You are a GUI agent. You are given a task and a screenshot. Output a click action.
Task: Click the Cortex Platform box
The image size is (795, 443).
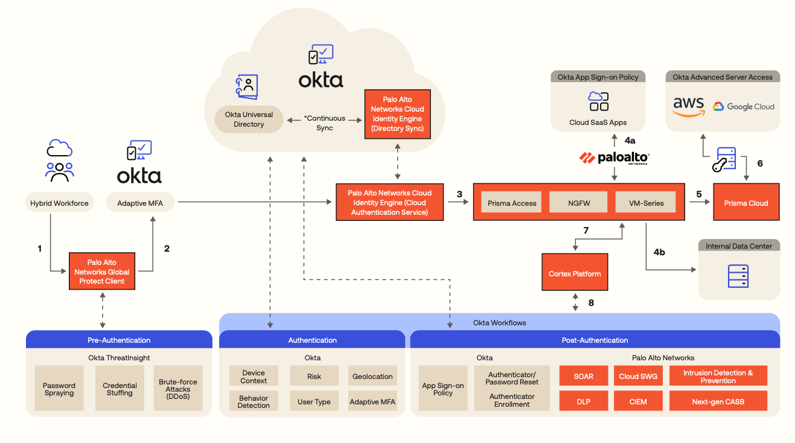pos(575,273)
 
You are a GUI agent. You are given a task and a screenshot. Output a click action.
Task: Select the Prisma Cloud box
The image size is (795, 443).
pos(746,203)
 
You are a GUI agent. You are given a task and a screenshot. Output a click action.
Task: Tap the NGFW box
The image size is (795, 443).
pos(578,203)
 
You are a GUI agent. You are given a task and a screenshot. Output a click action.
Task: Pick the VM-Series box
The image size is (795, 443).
pos(645,203)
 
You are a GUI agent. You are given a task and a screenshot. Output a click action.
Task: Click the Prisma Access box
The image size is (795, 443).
pos(512,203)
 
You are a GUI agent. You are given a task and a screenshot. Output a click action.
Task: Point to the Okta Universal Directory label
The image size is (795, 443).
pos(249,120)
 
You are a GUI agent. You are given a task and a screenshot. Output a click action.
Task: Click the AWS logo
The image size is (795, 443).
pos(689,106)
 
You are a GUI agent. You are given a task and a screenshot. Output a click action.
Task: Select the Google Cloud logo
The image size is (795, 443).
pos(743,107)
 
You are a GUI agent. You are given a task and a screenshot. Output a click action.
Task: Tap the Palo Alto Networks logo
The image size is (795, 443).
pos(615,158)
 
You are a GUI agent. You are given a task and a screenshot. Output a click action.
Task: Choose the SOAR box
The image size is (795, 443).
pos(583,375)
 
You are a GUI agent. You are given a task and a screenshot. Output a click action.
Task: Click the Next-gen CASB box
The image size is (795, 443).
pos(718,401)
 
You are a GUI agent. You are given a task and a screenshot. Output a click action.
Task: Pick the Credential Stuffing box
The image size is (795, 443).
pos(120,389)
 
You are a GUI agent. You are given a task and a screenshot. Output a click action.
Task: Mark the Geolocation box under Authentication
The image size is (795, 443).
pos(372,376)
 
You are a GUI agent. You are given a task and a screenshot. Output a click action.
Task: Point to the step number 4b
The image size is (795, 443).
pos(659,252)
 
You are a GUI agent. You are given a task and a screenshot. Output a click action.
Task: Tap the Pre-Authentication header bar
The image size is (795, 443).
pos(119,340)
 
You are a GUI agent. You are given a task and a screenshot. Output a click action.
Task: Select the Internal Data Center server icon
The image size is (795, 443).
pos(738,276)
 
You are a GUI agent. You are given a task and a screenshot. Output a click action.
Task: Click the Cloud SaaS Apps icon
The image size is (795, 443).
pos(598,101)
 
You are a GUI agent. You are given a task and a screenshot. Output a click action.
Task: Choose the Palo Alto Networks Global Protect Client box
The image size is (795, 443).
pos(101,272)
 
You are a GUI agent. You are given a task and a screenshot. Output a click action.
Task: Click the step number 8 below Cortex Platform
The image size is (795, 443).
pos(591,302)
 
